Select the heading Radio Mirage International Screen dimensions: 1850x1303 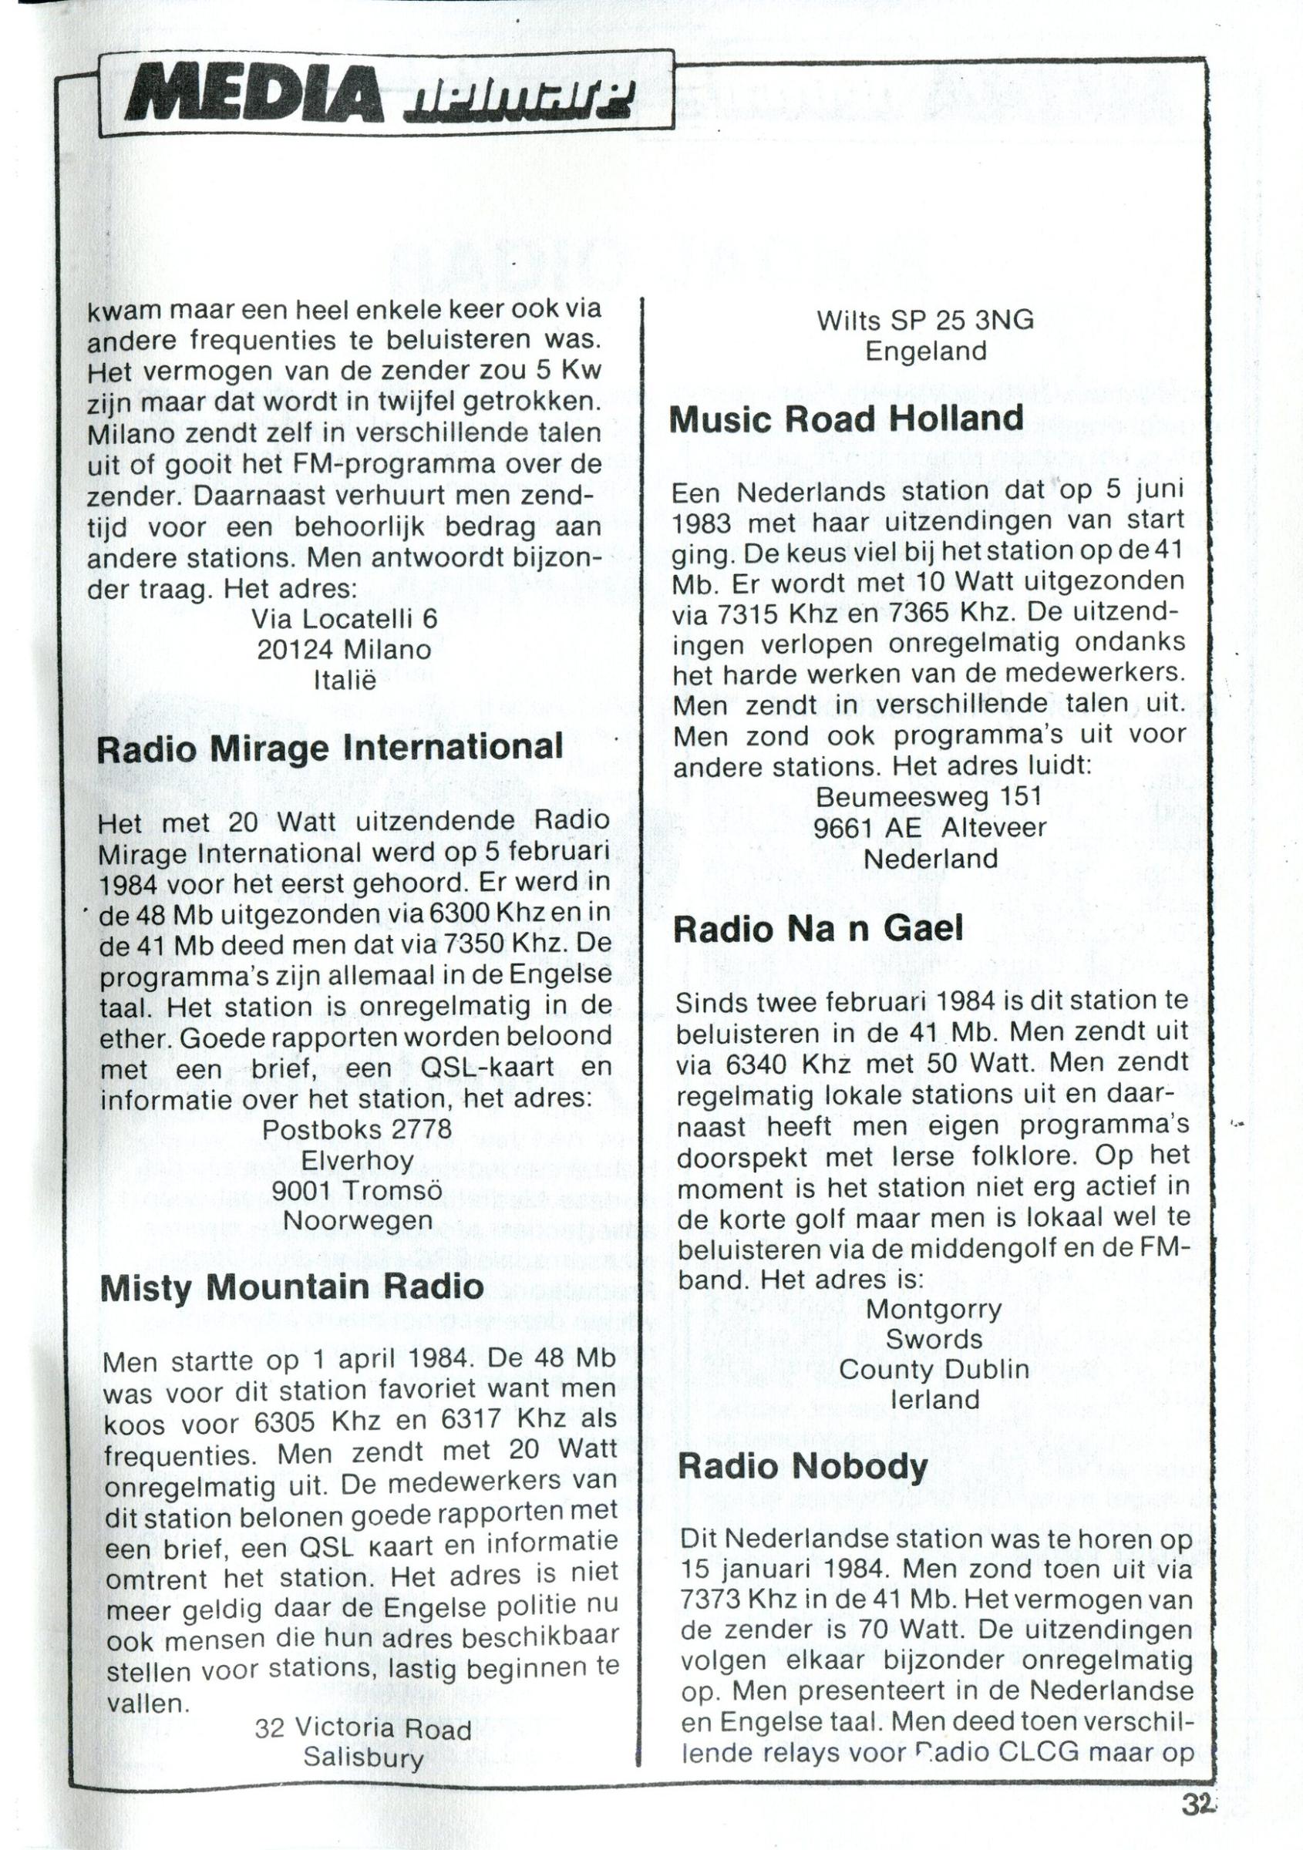[x=329, y=748]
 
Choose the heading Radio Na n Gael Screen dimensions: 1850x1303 [x=818, y=930]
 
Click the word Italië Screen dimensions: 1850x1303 [x=345, y=681]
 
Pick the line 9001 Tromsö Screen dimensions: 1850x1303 [x=359, y=1191]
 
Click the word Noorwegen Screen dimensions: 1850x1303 [x=359, y=1222]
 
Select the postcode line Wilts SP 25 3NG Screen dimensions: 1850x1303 [x=925, y=321]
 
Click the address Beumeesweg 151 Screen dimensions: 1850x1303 [x=929, y=796]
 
